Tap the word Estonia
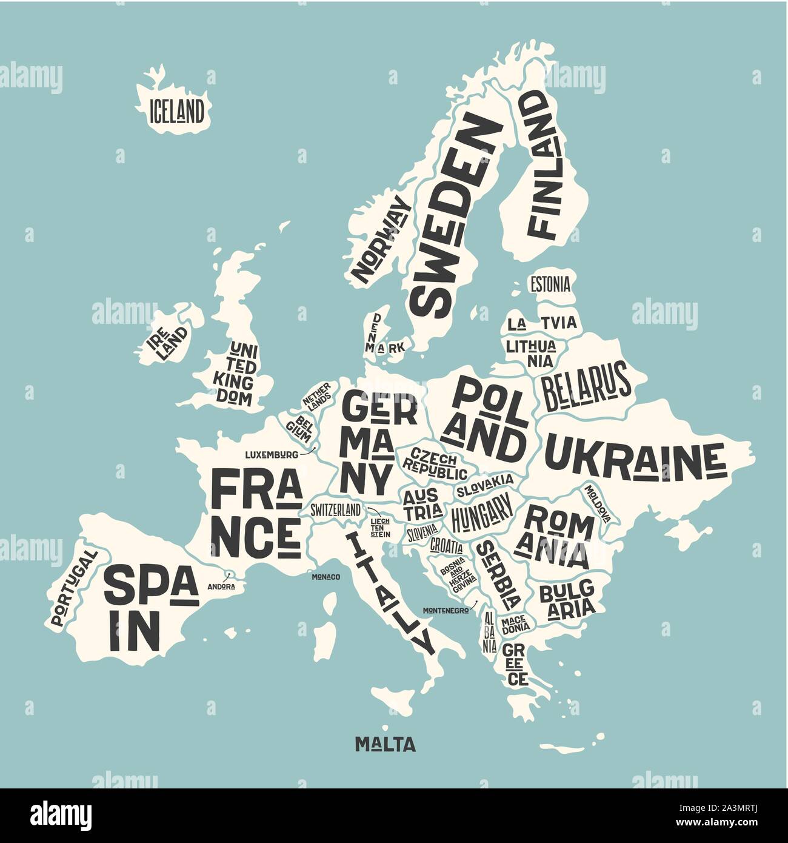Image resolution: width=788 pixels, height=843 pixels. (549, 284)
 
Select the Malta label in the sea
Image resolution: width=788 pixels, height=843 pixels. (385, 744)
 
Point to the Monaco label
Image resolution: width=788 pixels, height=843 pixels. (326, 576)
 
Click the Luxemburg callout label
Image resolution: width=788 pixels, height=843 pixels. (271, 454)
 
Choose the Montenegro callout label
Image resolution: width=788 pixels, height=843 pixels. (446, 610)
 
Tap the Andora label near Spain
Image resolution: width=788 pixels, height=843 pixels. (221, 586)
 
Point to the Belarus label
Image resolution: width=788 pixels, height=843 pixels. (586, 386)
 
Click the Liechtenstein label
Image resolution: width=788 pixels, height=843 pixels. (380, 528)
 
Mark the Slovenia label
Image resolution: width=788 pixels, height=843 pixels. (422, 533)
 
